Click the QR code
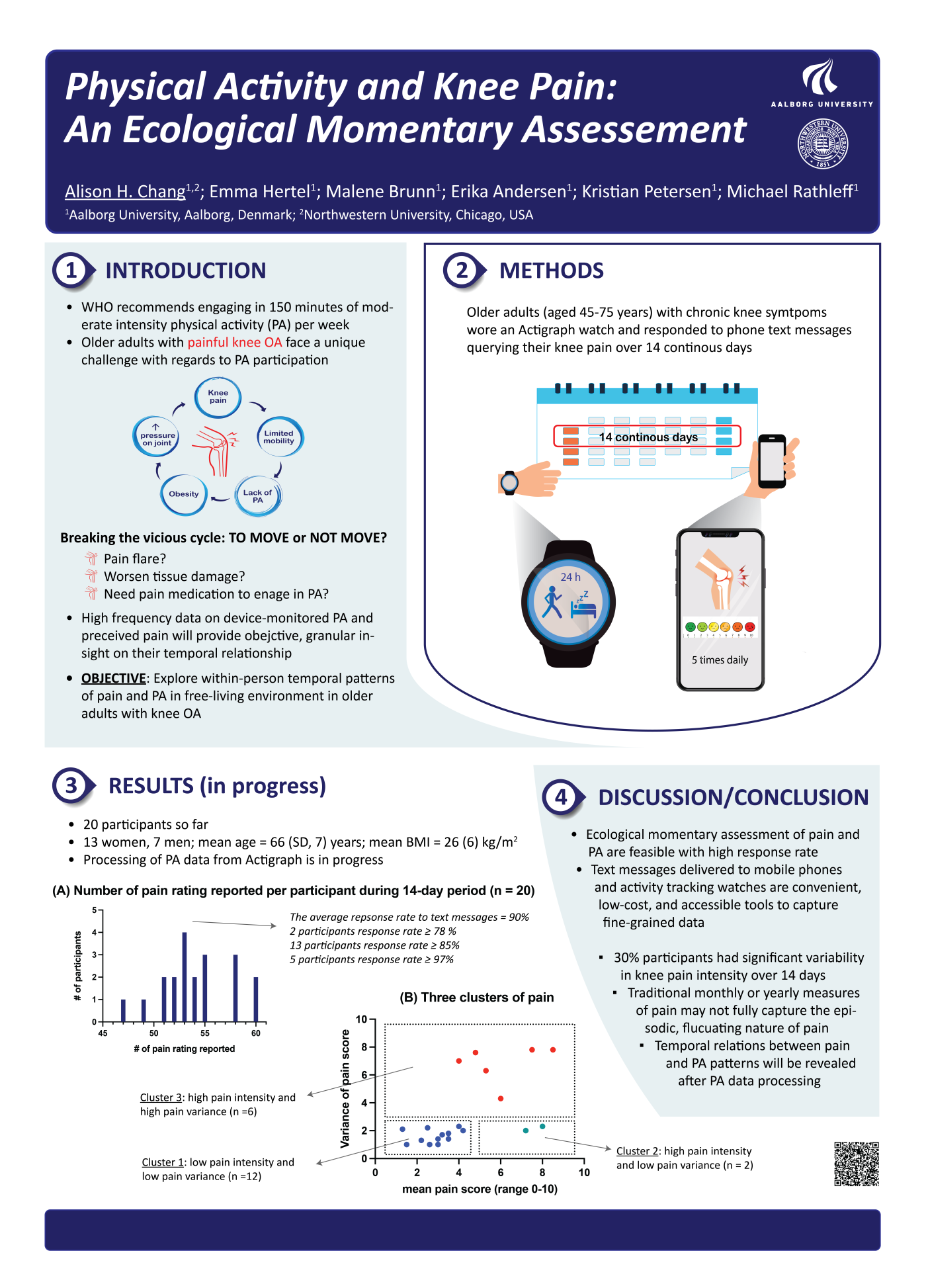tap(857, 1164)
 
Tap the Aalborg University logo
tap(821, 83)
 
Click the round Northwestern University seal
tap(823, 144)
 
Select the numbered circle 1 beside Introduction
tap(71, 271)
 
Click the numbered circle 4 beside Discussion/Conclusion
tap(561, 797)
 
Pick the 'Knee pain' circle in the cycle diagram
tap(218, 397)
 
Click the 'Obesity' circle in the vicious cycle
tap(184, 494)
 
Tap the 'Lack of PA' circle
tap(257, 495)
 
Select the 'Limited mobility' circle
tap(279, 437)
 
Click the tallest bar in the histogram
tap(185, 976)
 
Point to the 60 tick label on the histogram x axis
tap(256, 1033)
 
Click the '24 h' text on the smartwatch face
tap(570, 577)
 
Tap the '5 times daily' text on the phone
tap(720, 660)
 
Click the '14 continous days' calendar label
tap(648, 437)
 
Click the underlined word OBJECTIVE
tap(114, 678)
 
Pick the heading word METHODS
tap(551, 271)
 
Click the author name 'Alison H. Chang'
tap(125, 192)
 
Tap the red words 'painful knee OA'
tap(235, 342)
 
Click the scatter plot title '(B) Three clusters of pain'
tap(476, 998)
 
